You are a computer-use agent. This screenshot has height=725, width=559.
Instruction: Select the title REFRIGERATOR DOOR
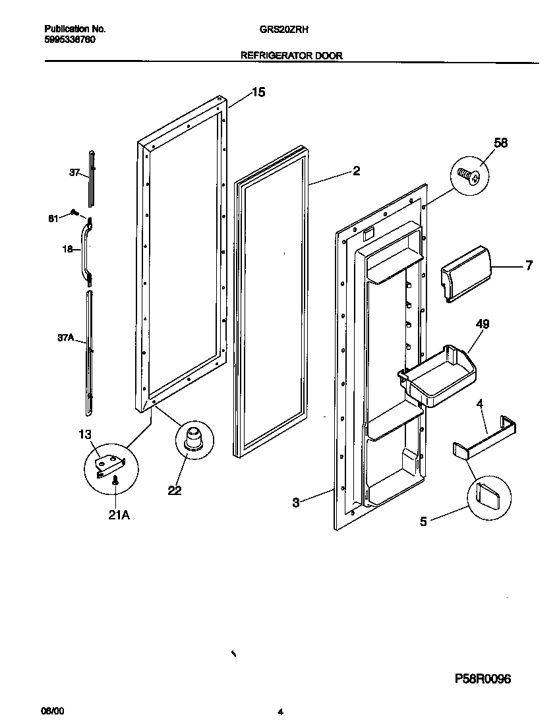[291, 56]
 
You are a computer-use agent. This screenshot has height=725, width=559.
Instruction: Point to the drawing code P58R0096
[483, 679]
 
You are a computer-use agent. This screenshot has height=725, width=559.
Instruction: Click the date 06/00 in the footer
[53, 712]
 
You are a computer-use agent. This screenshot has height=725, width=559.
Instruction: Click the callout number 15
[258, 92]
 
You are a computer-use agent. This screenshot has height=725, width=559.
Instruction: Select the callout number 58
[501, 143]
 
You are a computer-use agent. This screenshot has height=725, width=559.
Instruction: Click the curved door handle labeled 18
[85, 250]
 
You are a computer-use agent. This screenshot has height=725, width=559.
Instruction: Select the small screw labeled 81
[74, 213]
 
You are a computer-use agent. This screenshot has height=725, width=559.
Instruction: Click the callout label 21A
[119, 515]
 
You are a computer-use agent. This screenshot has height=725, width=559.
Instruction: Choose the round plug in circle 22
[194, 438]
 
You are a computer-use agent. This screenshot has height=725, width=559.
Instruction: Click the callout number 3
[296, 503]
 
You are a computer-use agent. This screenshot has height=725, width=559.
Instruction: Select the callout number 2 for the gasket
[356, 171]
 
